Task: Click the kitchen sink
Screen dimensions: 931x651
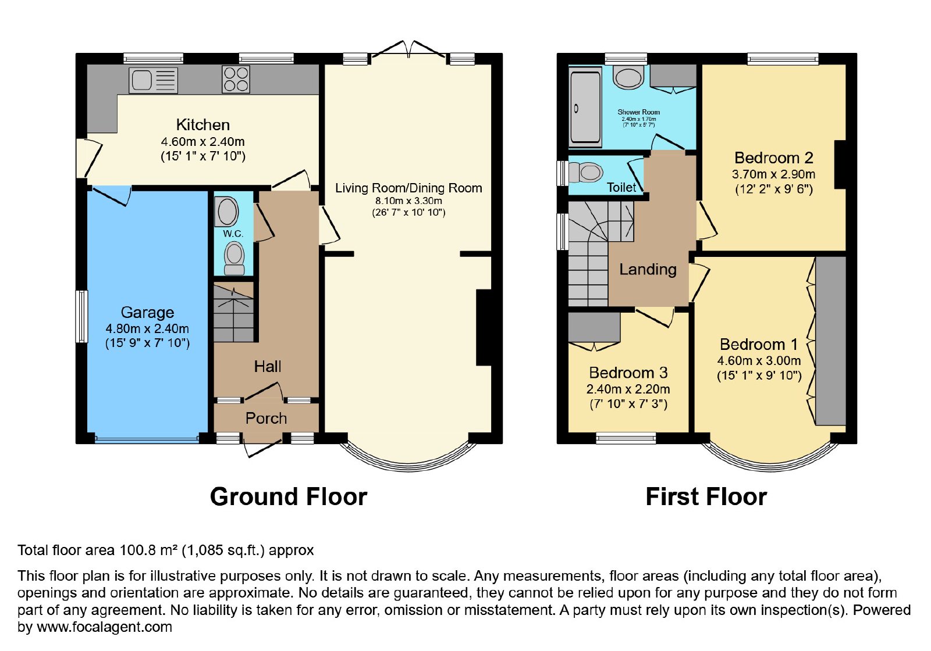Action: point(153,80)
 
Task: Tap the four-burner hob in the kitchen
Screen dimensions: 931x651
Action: point(236,79)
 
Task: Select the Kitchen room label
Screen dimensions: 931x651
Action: point(203,124)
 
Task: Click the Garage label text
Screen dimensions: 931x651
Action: point(148,312)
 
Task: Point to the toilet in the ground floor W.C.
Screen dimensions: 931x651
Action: point(234,258)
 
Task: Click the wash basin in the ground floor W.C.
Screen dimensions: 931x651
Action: point(226,212)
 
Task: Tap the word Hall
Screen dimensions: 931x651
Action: point(268,367)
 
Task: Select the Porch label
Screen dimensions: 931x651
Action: point(266,418)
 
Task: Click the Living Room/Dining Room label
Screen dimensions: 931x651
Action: point(408,188)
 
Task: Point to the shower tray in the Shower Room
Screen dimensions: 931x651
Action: point(585,108)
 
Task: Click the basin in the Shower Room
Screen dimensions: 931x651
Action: point(628,78)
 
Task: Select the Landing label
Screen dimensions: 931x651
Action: point(648,270)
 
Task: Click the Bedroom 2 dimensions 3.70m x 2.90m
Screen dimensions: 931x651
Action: point(773,174)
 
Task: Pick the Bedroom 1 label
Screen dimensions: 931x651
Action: point(759,344)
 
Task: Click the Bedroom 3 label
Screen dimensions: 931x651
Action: point(628,373)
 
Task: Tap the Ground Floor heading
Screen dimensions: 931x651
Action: point(289,496)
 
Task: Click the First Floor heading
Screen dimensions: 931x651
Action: point(706,496)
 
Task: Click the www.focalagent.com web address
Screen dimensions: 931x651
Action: point(104,627)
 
